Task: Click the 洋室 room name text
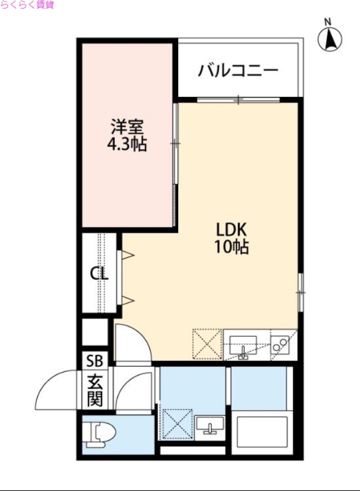[x=128, y=128]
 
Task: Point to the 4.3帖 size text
[x=128, y=146]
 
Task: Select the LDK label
[x=231, y=230]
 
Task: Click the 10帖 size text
[x=231, y=248]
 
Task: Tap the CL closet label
[x=99, y=274]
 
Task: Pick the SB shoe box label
[x=95, y=361]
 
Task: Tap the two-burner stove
[x=280, y=346]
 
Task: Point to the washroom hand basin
[x=211, y=424]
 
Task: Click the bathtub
[x=262, y=434]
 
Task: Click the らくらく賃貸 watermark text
[x=27, y=5]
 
